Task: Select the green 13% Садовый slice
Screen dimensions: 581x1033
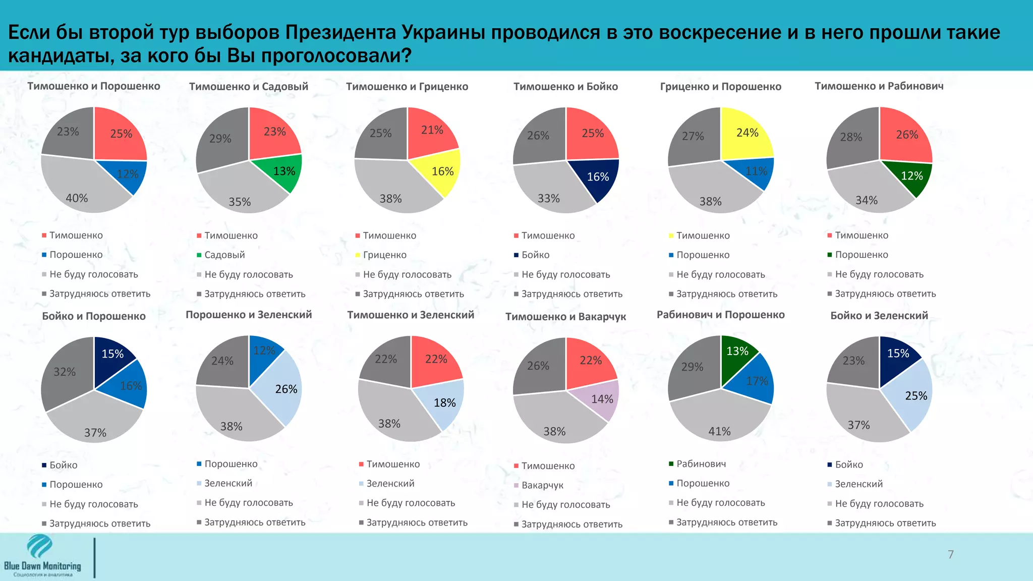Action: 282,171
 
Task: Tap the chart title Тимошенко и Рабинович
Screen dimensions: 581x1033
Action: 879,86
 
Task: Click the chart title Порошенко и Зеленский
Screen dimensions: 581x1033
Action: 249,315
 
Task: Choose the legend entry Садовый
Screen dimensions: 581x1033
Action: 224,255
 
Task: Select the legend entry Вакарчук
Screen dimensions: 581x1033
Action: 542,485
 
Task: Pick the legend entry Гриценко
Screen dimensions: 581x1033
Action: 384,255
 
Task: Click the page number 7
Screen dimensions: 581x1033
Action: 950,555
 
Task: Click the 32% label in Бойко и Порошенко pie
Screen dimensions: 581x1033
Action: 65,372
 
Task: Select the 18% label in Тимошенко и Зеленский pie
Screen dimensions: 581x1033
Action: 444,403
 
